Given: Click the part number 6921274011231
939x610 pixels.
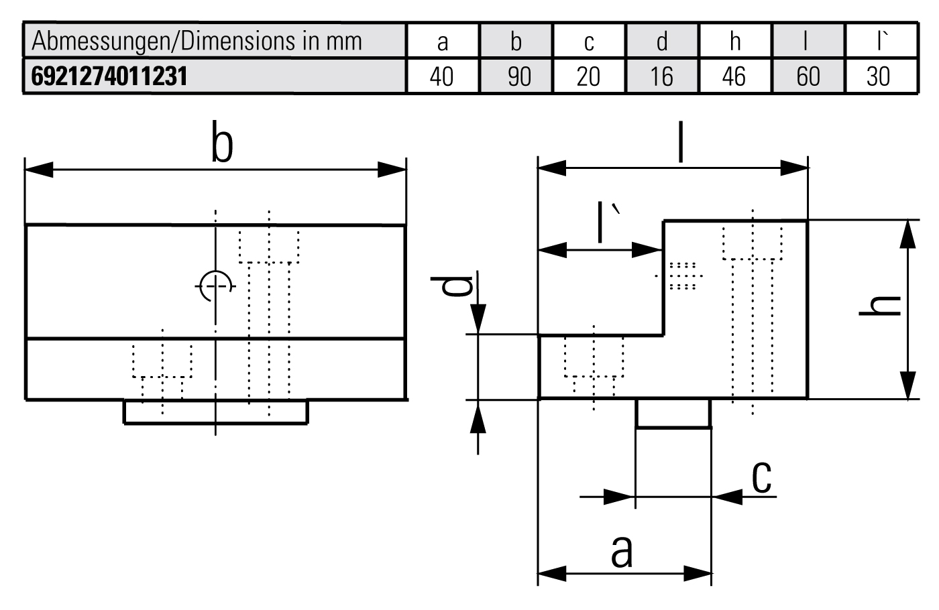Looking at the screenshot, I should click(x=109, y=76).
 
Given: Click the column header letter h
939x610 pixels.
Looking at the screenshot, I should click(x=735, y=42).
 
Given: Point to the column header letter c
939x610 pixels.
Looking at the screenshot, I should click(x=589, y=42).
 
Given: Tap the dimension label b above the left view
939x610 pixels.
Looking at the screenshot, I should click(x=221, y=142).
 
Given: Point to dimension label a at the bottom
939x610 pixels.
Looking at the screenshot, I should click(x=622, y=551).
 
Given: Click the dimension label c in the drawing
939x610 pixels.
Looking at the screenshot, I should click(x=761, y=477).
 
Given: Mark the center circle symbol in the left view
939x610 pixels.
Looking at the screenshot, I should click(x=215, y=286).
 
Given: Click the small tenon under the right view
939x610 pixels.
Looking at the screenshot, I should click(x=673, y=413).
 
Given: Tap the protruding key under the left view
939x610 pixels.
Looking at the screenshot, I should click(x=215, y=412).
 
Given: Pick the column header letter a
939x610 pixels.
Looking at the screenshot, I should click(x=442, y=42).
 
